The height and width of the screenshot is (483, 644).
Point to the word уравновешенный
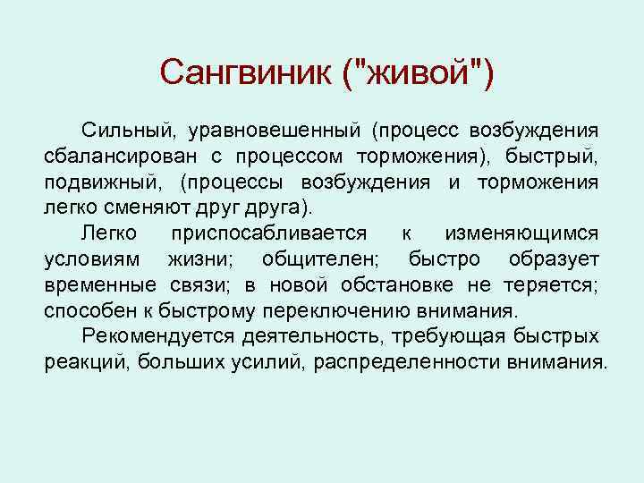pyautogui.click(x=275, y=131)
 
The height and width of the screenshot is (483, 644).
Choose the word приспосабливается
pyautogui.click(x=266, y=233)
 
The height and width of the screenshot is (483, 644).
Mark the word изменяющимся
pyautogui.click(x=521, y=233)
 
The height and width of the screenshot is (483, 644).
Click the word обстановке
pyautogui.click(x=411, y=285)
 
